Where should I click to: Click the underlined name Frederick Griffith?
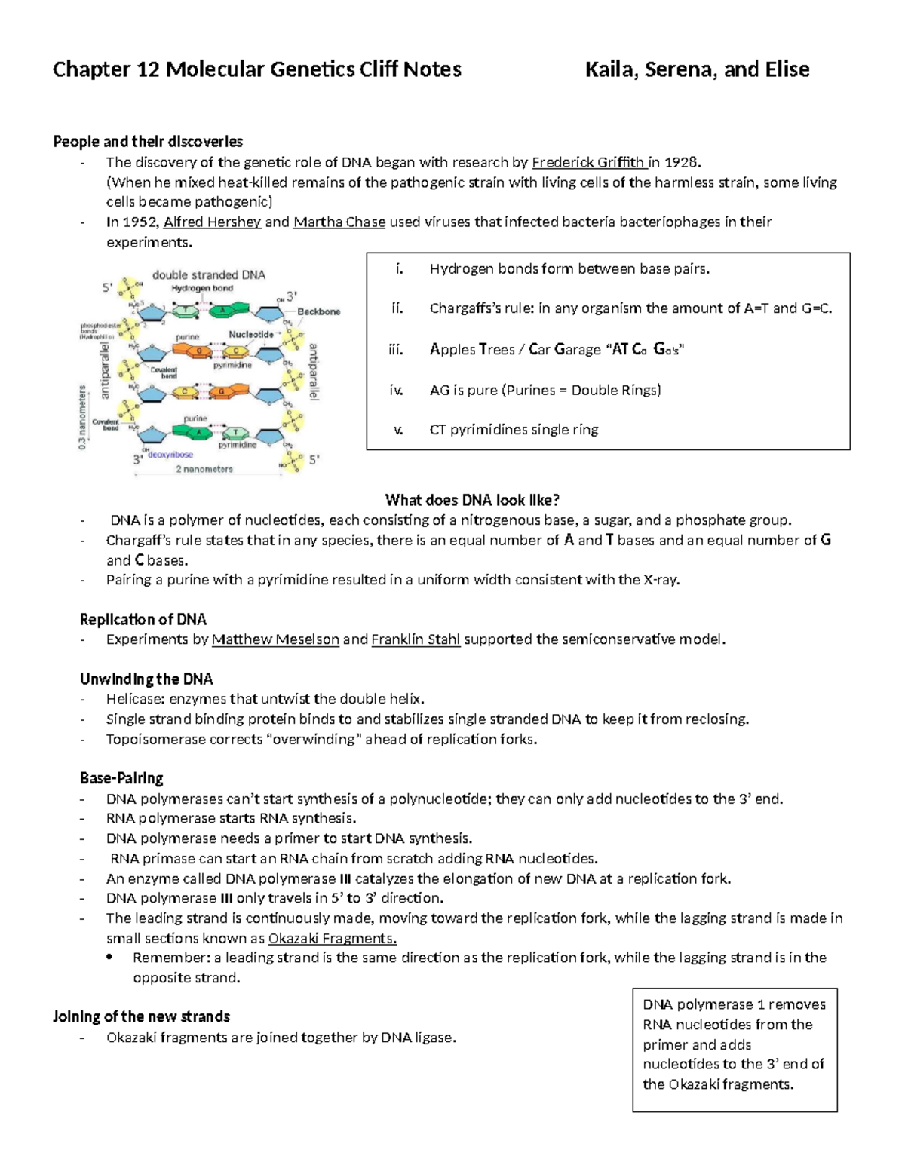588,162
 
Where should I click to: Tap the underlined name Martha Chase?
339,222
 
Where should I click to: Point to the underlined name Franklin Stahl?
416,639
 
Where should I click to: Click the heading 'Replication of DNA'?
143,619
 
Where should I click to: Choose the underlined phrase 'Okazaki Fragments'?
332,938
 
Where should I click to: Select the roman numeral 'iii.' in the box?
396,349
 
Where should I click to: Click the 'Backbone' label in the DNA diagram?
318,311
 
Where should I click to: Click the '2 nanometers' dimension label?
204,469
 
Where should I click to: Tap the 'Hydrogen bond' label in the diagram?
202,288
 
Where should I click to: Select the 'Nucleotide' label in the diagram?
251,334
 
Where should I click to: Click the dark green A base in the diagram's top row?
222,309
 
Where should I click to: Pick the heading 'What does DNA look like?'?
472,500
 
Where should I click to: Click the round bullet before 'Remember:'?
110,958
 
